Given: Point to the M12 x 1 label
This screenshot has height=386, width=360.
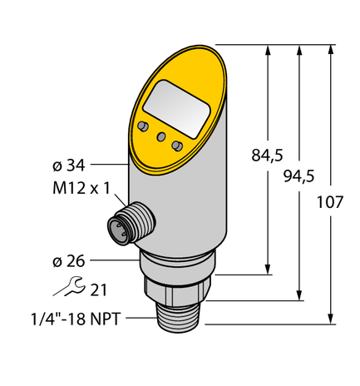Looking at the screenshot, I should (78, 187).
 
